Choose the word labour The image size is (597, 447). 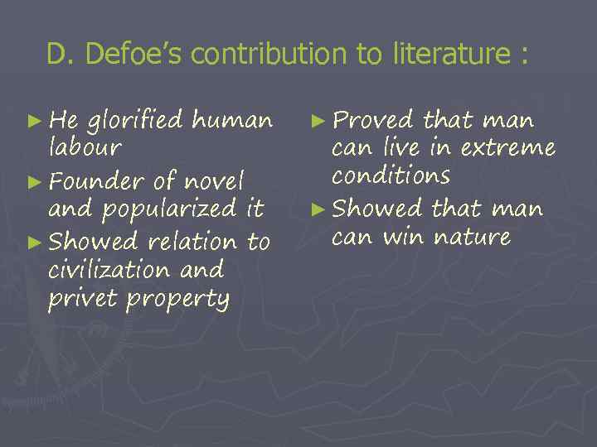click(x=85, y=149)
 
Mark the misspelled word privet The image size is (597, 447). click(x=82, y=299)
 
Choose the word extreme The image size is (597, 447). click(x=507, y=149)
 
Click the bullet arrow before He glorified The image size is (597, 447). click(x=35, y=122)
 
